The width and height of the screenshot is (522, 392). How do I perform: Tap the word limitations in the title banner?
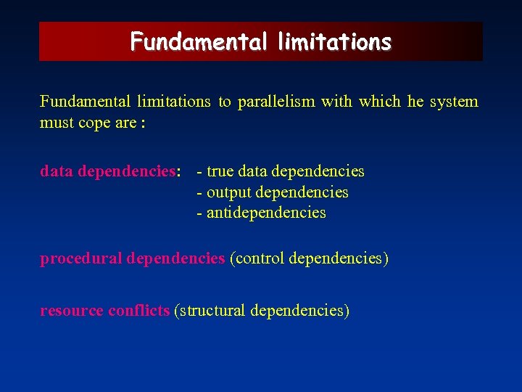pos(334,41)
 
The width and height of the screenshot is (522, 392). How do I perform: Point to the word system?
pos(454,102)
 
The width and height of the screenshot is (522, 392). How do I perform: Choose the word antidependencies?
pos(266,213)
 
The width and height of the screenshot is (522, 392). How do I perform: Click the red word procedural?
pos(80,258)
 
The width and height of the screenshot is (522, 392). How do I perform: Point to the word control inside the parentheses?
pos(259,258)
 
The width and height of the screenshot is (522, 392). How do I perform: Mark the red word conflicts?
pos(138,311)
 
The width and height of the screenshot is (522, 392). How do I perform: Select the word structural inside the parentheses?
pos(212,311)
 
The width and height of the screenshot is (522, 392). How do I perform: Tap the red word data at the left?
pos(56,171)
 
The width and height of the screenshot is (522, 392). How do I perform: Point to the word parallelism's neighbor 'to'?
pos(225,102)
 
